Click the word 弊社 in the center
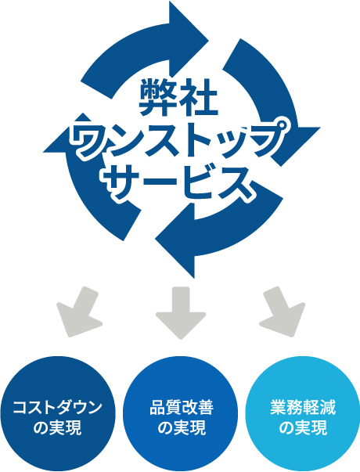click(x=178, y=98)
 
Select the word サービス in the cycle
click(x=178, y=182)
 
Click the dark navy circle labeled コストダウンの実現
click(x=57, y=414)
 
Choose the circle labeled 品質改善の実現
click(x=181, y=414)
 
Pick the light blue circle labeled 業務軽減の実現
click(x=303, y=414)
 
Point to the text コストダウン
click(x=57, y=407)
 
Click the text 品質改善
click(x=182, y=407)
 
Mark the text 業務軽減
click(x=303, y=407)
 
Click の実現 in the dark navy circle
click(x=57, y=427)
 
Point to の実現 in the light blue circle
click(x=303, y=427)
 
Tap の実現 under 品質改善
click(x=182, y=427)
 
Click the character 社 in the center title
click(x=200, y=98)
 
